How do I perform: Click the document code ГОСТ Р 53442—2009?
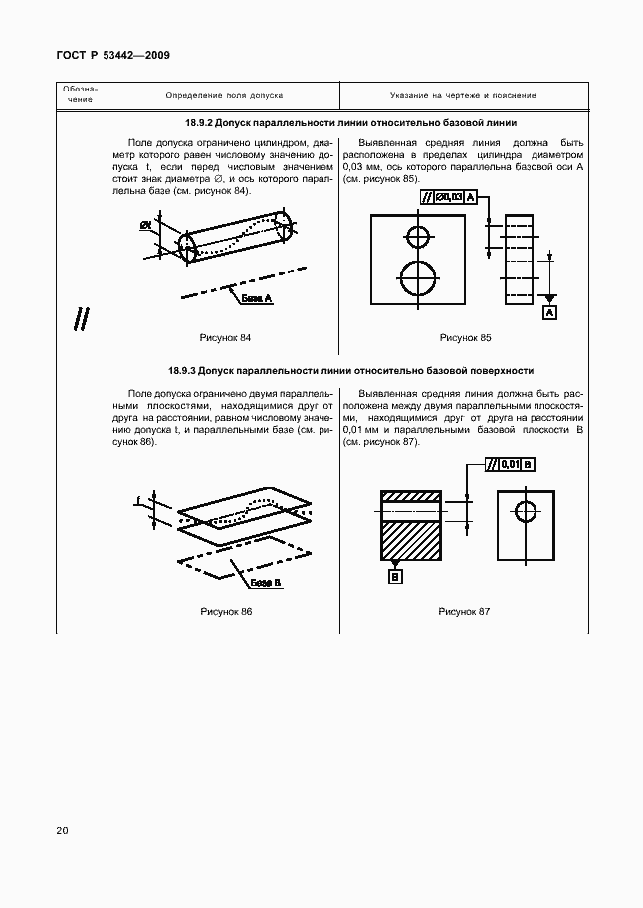(x=112, y=55)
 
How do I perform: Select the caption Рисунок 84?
(x=226, y=338)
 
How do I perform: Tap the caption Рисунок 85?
(x=465, y=338)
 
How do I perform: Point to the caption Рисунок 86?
(x=226, y=611)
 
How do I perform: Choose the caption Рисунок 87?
(x=465, y=611)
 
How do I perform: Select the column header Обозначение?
(x=81, y=96)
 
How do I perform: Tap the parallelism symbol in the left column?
(x=81, y=319)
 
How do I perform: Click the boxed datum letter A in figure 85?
(x=549, y=313)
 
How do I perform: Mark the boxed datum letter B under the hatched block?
(x=395, y=576)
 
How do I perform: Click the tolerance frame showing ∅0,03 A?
(x=450, y=198)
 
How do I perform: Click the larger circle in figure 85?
(x=417, y=277)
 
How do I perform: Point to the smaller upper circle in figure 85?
(x=417, y=237)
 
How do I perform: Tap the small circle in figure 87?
(x=525, y=511)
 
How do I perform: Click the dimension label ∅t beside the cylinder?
(x=145, y=226)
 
